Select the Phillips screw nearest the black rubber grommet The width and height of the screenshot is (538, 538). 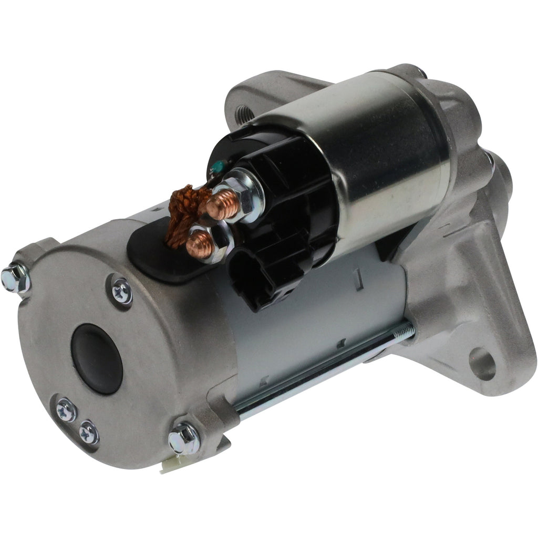(121, 290)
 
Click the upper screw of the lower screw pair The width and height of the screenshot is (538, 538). (67, 410)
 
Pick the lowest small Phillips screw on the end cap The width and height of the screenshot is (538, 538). (89, 432)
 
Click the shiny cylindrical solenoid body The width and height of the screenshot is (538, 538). (368, 158)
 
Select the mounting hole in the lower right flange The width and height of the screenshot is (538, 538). (482, 364)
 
